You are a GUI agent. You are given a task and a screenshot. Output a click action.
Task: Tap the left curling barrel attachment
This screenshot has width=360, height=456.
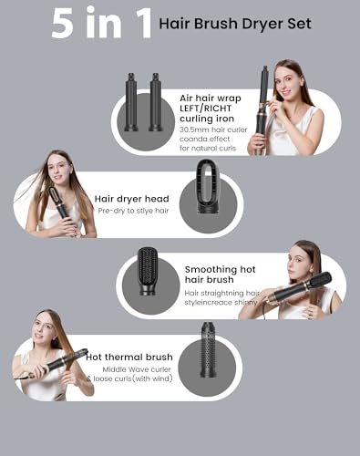coord(130,100)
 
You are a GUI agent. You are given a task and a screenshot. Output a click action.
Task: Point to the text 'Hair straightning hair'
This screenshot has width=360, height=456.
coord(218,293)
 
